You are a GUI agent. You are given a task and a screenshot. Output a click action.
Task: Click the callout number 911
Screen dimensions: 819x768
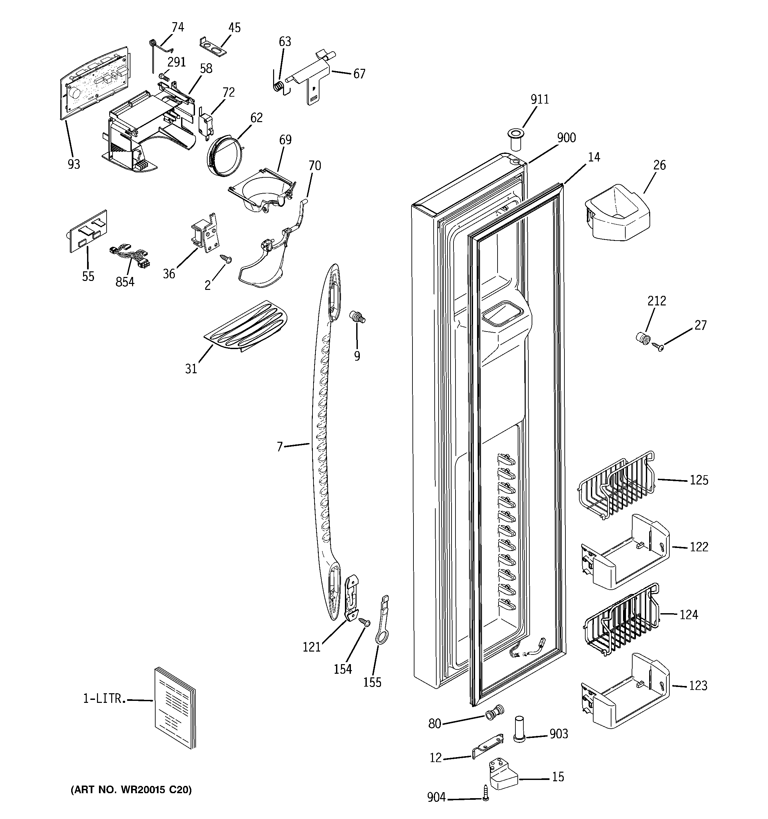[x=539, y=100]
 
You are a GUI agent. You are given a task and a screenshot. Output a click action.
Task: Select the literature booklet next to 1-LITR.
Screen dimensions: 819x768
[x=175, y=708]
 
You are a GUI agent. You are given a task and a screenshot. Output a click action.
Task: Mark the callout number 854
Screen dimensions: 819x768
[x=124, y=282]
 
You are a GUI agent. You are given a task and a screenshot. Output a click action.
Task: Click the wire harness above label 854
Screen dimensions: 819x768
[x=129, y=256]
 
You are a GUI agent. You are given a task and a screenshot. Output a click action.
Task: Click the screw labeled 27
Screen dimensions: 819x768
[x=657, y=346]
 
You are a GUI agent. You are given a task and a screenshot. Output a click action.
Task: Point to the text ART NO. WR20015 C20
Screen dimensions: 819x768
[x=131, y=790]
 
